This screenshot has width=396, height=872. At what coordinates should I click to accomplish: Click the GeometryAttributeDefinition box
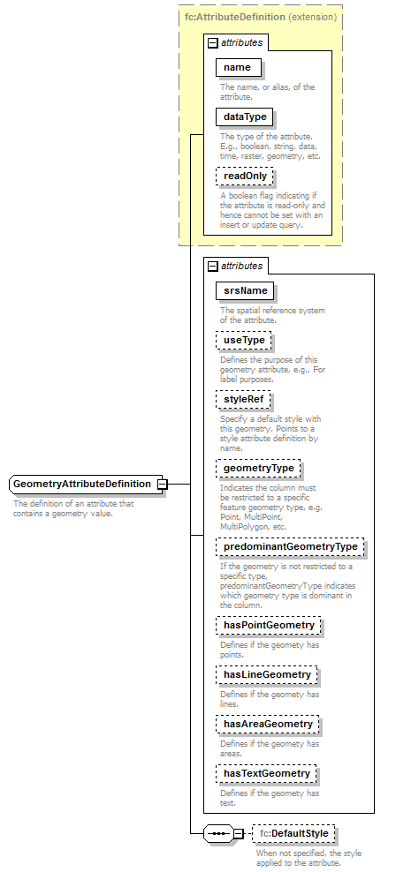pos(82,484)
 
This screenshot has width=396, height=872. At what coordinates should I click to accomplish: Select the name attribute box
pos(237,68)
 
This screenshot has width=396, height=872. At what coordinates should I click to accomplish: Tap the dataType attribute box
pos(244,117)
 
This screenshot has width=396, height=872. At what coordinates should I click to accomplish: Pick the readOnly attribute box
pos(245,176)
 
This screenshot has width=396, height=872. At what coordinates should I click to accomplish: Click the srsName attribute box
pos(246,290)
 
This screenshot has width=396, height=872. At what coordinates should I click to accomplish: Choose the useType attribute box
pos(245,340)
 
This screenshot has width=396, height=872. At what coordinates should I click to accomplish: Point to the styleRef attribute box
pos(243,400)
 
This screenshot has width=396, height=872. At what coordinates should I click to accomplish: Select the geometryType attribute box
pos(259,468)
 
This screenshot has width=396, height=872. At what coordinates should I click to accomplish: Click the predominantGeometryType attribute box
pos(290,547)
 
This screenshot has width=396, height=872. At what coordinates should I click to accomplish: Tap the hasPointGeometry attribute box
pos(269,626)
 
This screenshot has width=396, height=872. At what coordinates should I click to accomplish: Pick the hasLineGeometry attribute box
pos(267,675)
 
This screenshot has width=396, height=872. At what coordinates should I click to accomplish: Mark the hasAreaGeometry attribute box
pos(268,725)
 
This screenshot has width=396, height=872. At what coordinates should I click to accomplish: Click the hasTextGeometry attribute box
pos(267,774)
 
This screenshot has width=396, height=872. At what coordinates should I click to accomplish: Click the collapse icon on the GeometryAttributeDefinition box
pos(162,484)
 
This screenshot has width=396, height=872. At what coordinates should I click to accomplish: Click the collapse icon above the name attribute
pos(212,42)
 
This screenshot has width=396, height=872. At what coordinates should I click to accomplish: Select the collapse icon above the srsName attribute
pos(212,266)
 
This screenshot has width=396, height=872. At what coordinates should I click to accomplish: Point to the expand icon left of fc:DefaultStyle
pos(238,834)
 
